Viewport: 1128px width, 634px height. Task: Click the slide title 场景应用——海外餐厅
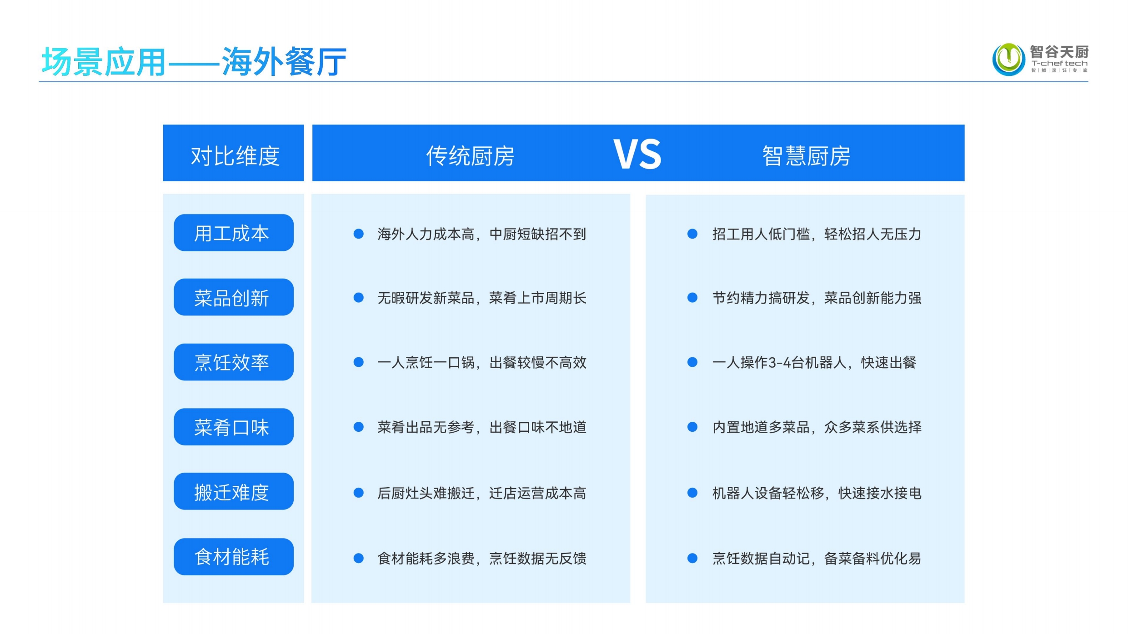[194, 61]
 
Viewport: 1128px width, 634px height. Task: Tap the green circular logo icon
[1008, 59]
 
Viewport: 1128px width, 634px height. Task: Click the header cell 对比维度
[233, 153]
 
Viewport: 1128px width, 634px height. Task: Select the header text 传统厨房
[470, 156]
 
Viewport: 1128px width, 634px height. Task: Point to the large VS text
[637, 154]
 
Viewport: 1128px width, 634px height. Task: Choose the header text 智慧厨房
[806, 156]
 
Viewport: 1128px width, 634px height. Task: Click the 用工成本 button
[234, 233]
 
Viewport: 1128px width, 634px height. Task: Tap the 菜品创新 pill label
[234, 297]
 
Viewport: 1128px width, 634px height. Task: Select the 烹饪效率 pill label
[234, 362]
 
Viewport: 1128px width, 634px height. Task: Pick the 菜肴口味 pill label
[234, 427]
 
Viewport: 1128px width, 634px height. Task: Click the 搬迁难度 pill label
[234, 491]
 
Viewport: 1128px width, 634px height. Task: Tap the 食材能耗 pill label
[234, 557]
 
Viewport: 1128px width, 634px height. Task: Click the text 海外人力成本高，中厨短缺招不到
[482, 234]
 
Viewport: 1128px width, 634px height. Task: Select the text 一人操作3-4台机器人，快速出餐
[814, 362]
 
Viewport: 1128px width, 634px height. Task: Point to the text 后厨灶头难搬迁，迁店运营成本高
[482, 493]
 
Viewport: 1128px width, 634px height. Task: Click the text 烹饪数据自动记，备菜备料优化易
[817, 558]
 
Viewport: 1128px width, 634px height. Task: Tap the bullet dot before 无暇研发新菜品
[359, 298]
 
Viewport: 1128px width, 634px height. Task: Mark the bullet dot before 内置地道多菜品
[692, 427]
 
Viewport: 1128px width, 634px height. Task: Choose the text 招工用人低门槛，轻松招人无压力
[817, 234]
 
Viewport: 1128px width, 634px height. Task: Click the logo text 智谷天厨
[1059, 52]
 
